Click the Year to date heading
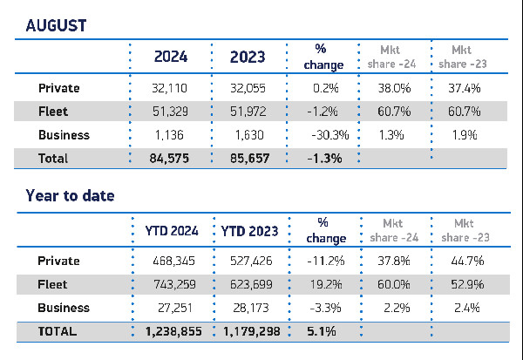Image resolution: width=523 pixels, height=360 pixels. click(70, 196)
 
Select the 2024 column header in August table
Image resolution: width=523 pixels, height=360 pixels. click(172, 58)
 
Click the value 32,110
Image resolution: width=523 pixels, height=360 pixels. click(172, 88)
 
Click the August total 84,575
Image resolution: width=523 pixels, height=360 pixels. click(172, 159)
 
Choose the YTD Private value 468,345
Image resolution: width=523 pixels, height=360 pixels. click(172, 261)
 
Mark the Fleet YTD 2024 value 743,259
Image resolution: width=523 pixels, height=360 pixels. click(172, 284)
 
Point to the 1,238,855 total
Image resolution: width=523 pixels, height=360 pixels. click(172, 331)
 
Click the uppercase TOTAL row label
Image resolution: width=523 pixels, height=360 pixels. click(58, 331)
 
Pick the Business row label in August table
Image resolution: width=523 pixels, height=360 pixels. click(64, 135)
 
